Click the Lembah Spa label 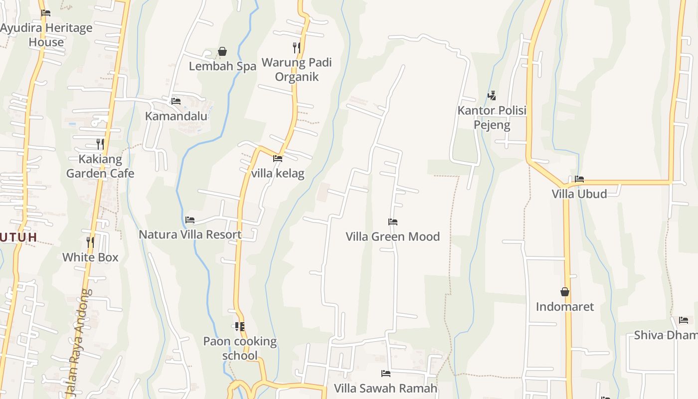(222, 66)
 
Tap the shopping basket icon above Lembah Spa (222, 51)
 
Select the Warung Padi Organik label (297, 70)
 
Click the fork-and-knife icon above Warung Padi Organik (296, 48)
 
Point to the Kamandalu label (176, 116)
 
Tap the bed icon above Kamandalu (176, 101)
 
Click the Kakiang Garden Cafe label (100, 167)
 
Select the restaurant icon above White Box (90, 242)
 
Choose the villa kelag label (278, 174)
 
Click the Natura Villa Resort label (190, 234)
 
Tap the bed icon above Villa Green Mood (393, 221)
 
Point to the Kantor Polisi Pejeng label (492, 118)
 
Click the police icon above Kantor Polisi (492, 95)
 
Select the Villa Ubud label (579, 194)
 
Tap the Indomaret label (565, 307)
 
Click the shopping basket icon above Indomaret (565, 292)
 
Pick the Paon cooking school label (240, 348)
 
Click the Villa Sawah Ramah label (385, 388)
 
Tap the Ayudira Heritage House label (46, 35)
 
